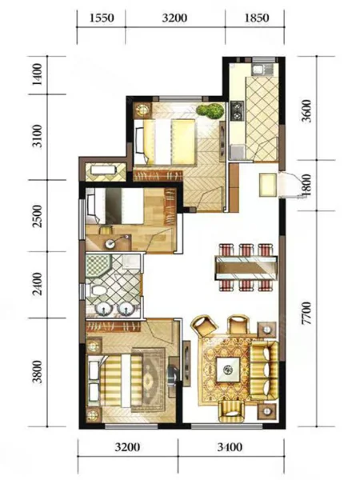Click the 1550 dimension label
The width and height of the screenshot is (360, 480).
pos(102,18)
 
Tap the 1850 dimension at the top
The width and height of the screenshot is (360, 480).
pos(257,18)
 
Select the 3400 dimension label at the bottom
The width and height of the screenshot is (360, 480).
pos(230,447)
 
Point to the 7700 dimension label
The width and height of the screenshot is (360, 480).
pos(306,313)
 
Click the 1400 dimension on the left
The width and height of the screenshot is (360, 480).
pos(38,74)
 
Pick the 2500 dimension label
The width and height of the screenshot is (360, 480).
pos(38,216)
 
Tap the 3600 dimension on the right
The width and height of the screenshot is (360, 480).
pos(306,111)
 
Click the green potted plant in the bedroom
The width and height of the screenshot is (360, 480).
pos(210,111)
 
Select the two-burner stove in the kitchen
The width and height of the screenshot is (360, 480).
pos(236,111)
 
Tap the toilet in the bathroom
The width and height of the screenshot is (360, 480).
pos(95,290)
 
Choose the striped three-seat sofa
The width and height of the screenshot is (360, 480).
pos(264,370)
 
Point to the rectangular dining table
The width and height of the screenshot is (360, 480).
pos(246,267)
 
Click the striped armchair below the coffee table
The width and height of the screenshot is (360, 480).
pos(232,412)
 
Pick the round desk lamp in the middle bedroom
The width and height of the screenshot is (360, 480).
pos(110,243)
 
